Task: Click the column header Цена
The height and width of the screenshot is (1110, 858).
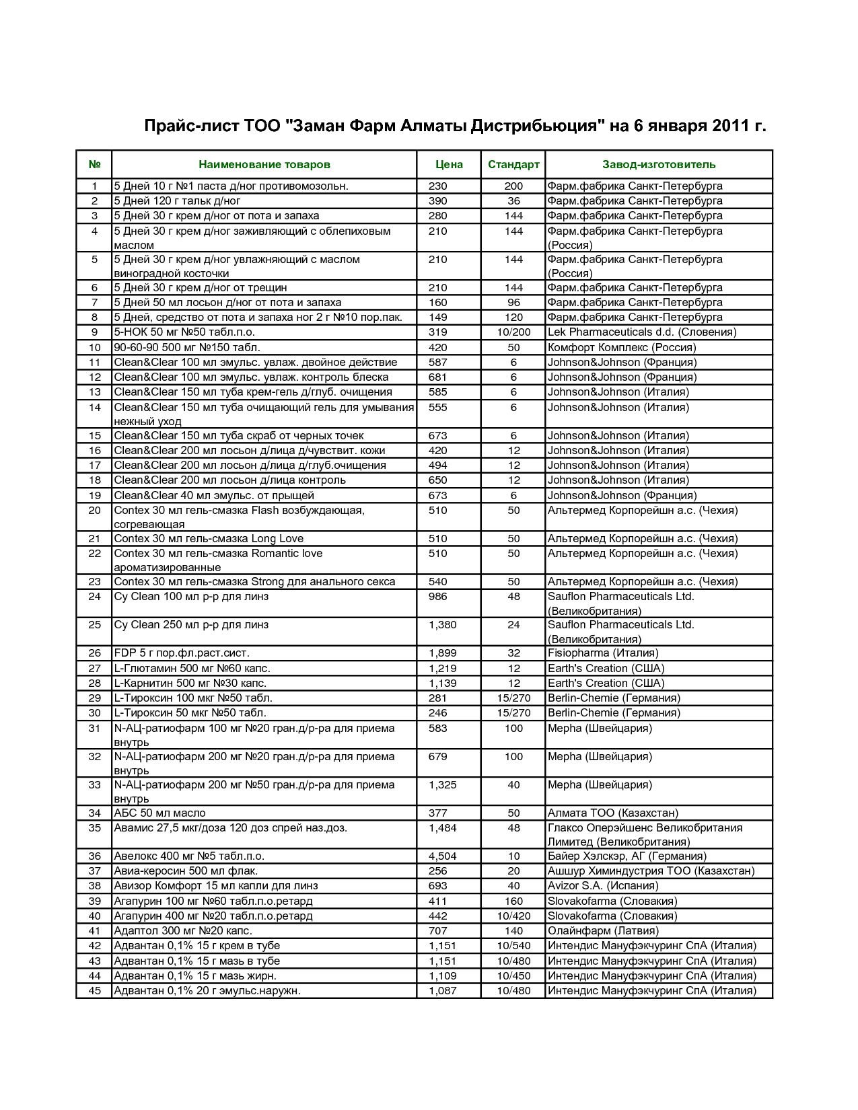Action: tap(449, 165)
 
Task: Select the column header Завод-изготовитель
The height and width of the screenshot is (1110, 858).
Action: tap(658, 165)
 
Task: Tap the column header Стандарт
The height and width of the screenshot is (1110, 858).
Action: tap(513, 165)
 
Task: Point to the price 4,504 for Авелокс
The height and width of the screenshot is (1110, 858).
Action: tap(442, 856)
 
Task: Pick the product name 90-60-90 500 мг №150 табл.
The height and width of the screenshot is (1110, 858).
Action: tap(187, 348)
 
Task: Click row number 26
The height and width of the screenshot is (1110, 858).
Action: tap(94, 653)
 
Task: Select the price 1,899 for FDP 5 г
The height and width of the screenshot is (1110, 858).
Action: tap(442, 653)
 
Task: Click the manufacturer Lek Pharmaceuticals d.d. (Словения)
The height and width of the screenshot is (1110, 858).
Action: tap(641, 332)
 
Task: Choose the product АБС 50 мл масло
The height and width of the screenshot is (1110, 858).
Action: tap(159, 813)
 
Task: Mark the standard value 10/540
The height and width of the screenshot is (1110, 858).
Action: tap(513, 946)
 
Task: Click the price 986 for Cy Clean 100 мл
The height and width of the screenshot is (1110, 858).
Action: tap(437, 597)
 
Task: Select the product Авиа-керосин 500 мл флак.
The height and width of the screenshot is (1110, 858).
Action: tap(186, 871)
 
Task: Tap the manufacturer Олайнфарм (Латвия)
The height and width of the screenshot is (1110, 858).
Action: tap(603, 931)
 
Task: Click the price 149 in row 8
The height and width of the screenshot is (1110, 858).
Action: tap(437, 318)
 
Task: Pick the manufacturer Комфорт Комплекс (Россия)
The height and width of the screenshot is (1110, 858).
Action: tap(622, 348)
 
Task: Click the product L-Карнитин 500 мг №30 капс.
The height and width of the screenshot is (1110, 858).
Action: tap(190, 683)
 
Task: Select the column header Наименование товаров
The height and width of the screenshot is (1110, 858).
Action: tap(264, 165)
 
